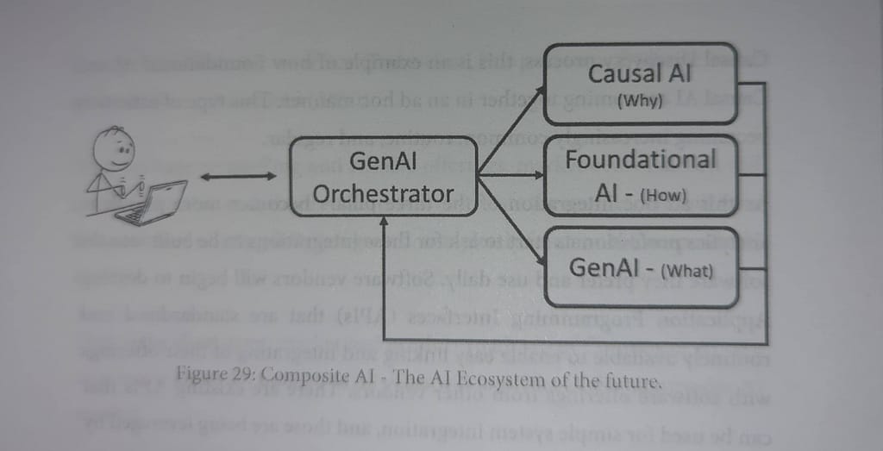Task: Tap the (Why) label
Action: coord(640,101)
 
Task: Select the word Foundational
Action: coord(641,160)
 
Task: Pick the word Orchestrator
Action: coord(383,193)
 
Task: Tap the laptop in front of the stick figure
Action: coord(153,202)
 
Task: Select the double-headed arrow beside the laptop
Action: coord(238,176)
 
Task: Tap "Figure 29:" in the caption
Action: coord(215,375)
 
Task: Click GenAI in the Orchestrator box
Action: coord(383,161)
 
